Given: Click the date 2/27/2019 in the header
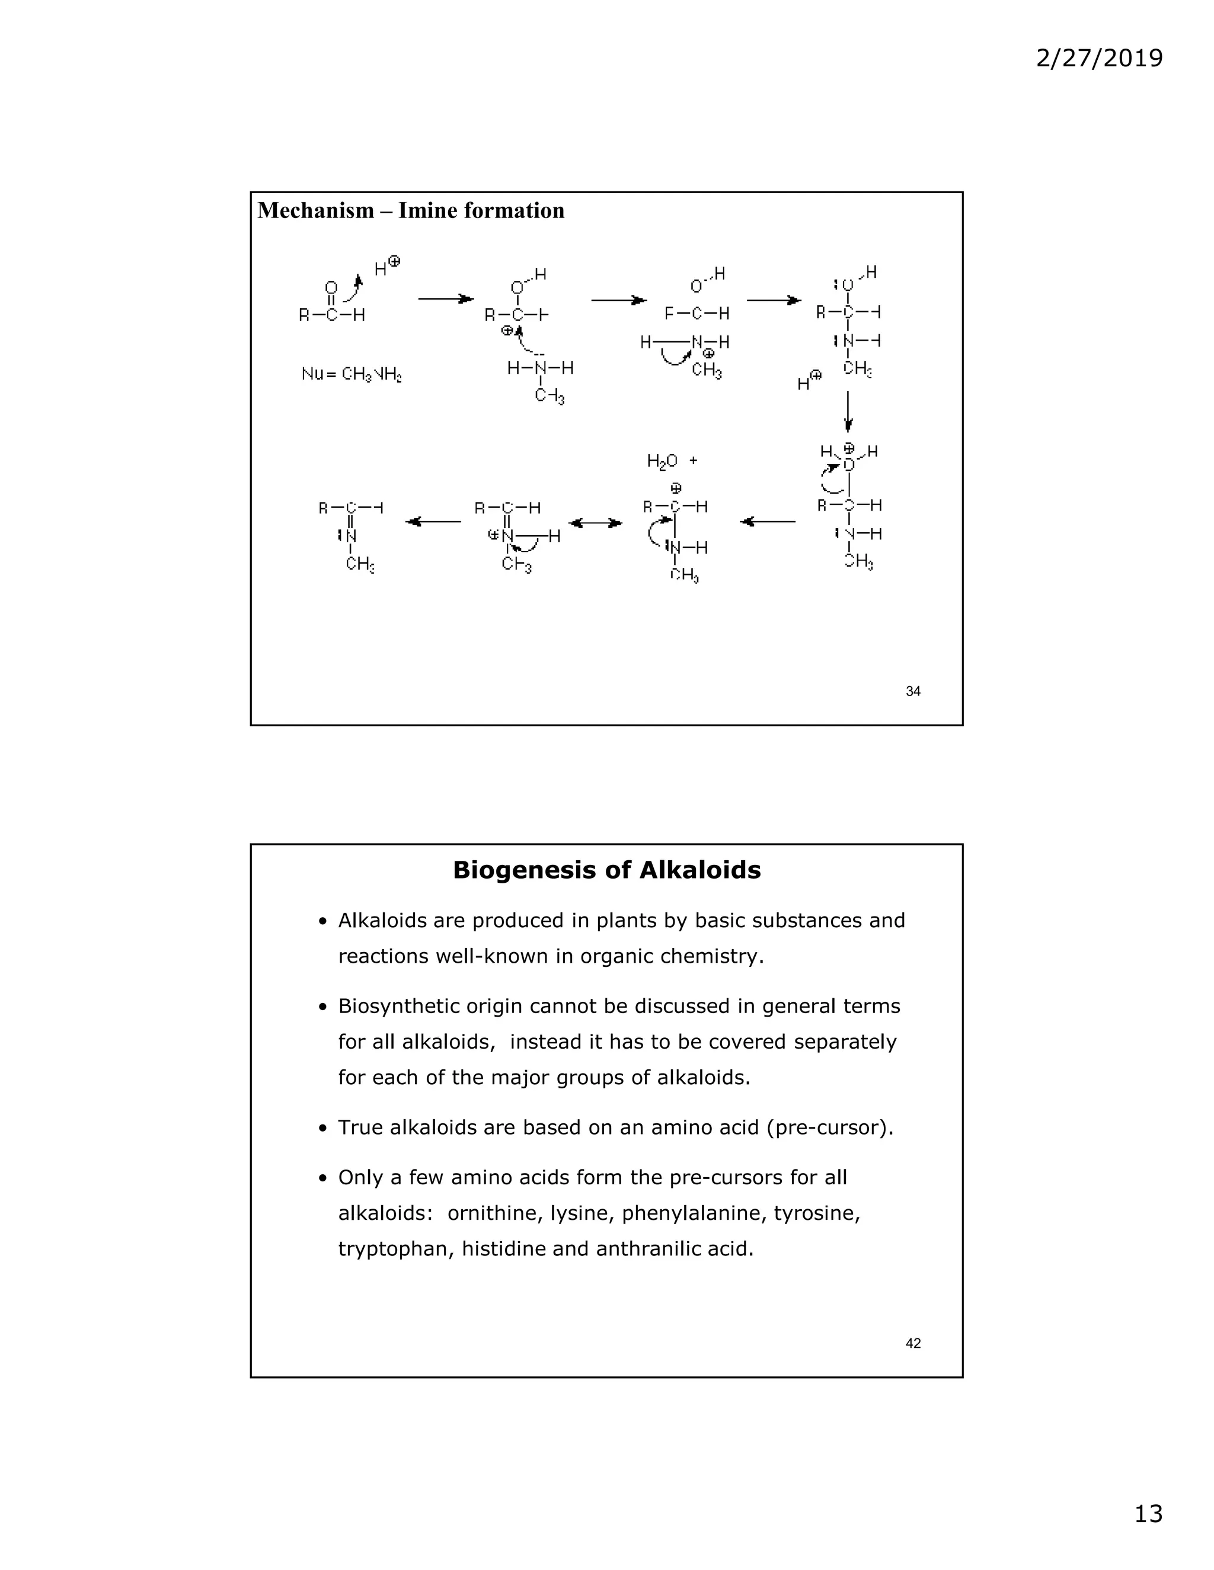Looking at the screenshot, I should [x=1098, y=57].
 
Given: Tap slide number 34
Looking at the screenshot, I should [x=913, y=691].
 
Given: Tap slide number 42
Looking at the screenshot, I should [x=913, y=1344].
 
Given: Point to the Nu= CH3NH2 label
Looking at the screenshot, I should [x=352, y=374].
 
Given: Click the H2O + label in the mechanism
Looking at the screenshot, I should [x=672, y=461].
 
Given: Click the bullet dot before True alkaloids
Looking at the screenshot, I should [x=323, y=1129].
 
